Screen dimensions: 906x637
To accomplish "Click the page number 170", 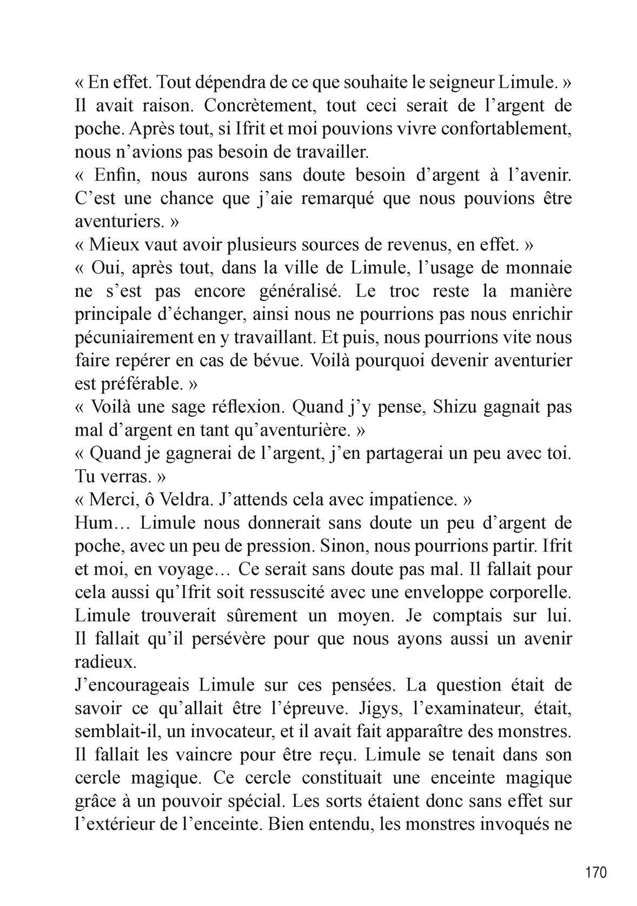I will pos(596,872).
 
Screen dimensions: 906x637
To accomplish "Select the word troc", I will pos(404,291).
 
